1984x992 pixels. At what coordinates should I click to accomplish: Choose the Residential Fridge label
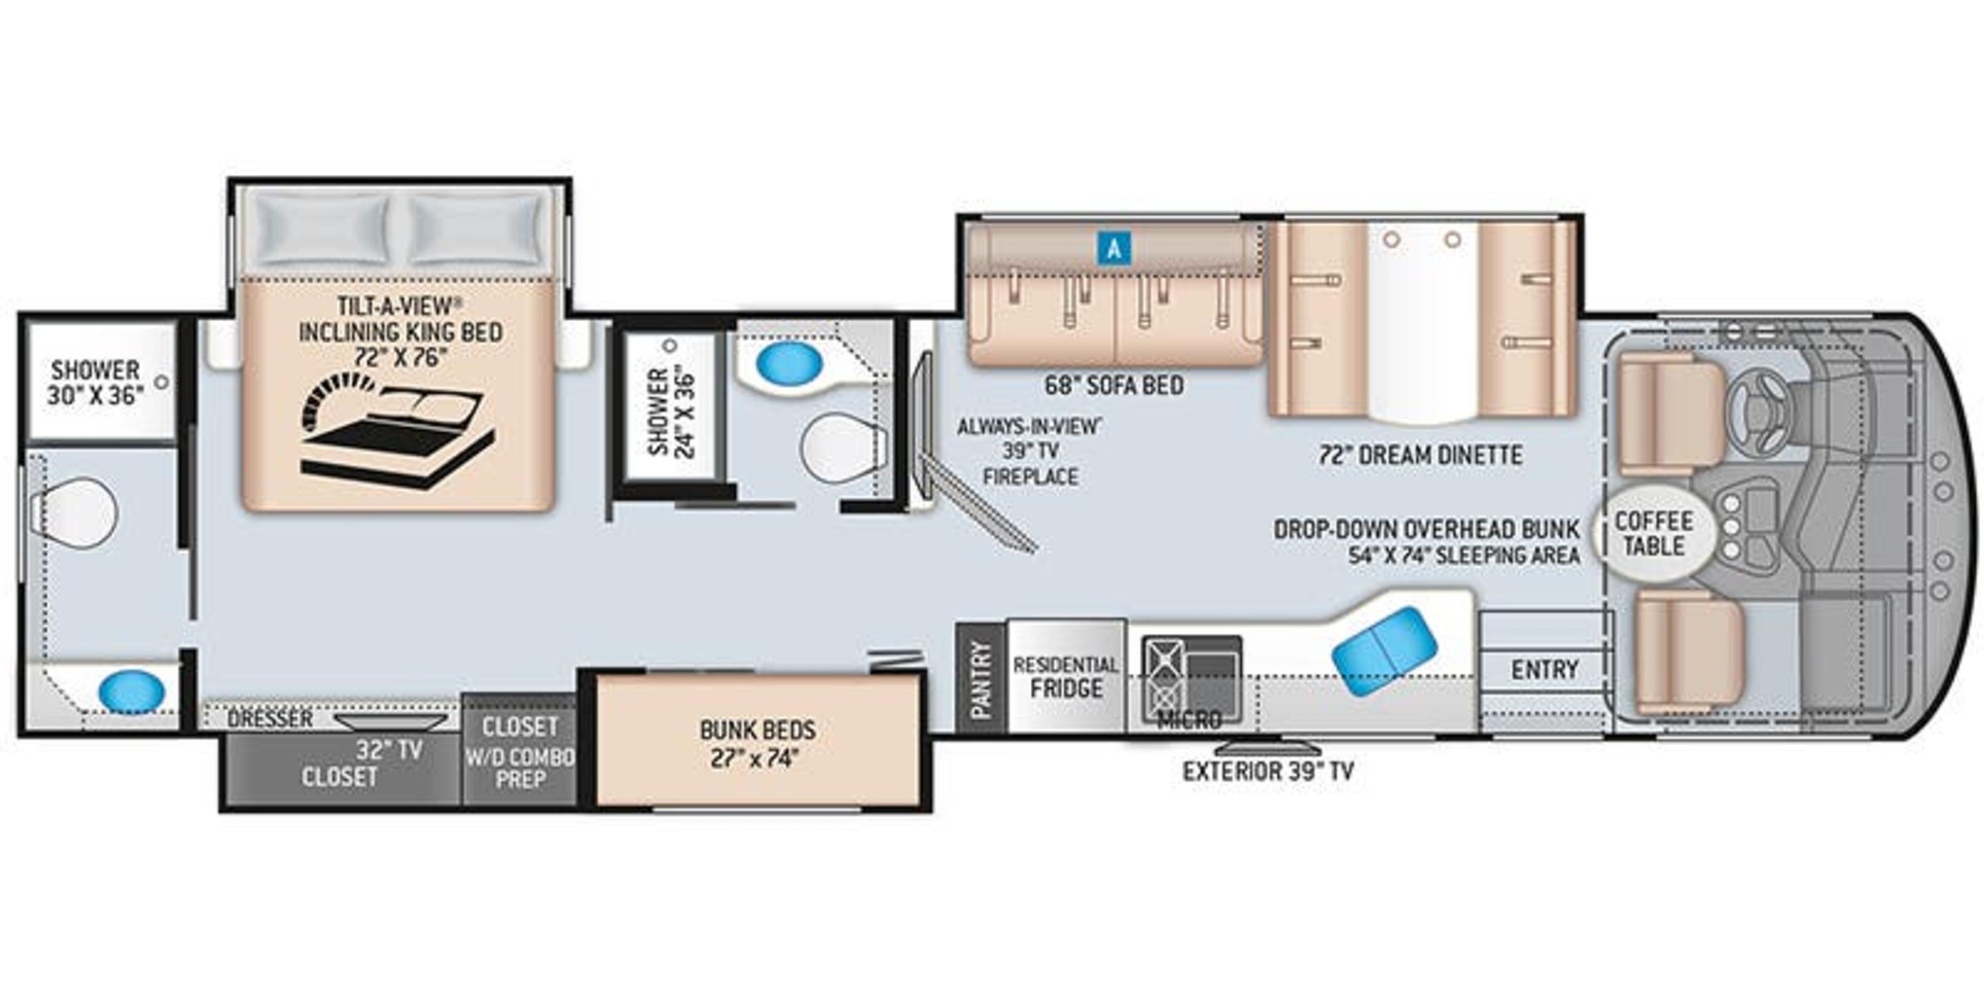click(x=1066, y=676)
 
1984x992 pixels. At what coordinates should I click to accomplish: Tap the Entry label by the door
click(x=1544, y=669)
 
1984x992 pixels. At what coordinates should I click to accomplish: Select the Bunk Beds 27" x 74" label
click(x=757, y=743)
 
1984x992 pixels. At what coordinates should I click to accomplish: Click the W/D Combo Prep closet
click(x=520, y=755)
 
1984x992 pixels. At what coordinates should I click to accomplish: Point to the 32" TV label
click(x=389, y=749)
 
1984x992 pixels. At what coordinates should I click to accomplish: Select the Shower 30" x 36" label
click(x=96, y=382)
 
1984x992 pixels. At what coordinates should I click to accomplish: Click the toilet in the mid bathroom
click(x=840, y=447)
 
